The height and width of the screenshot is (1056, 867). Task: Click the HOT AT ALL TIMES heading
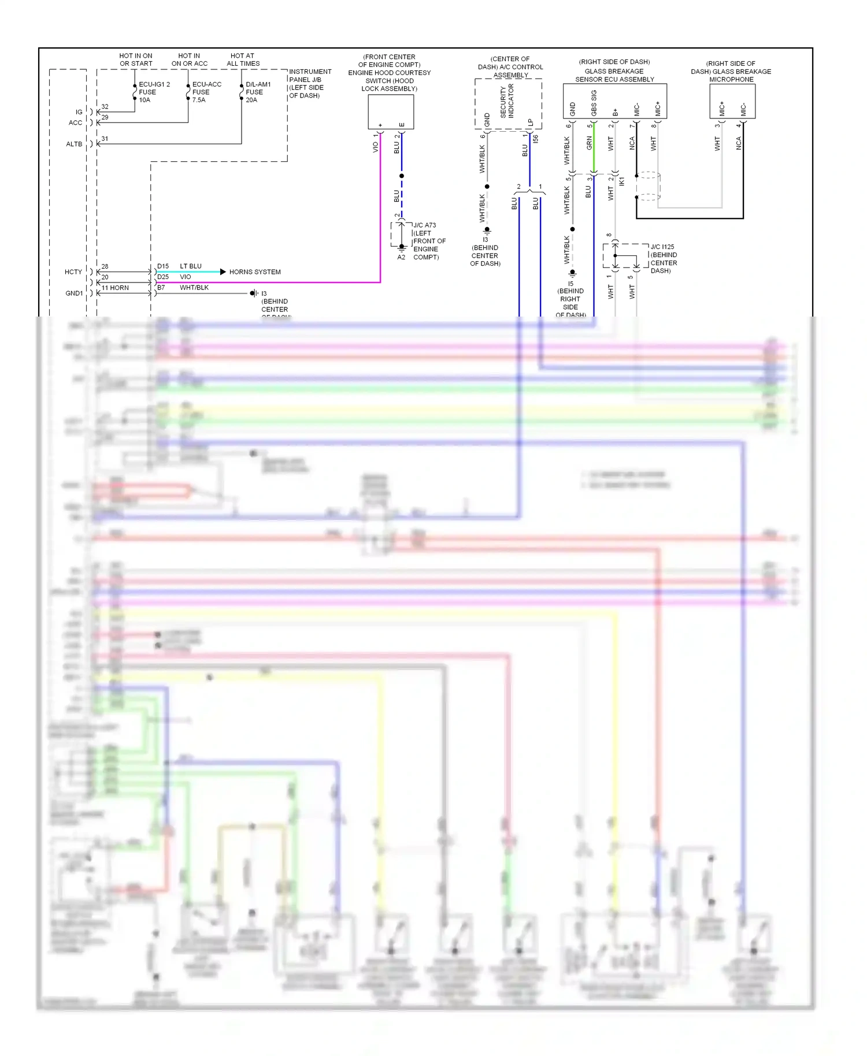pyautogui.click(x=243, y=60)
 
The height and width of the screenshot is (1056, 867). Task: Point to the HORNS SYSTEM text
pyautogui.click(x=255, y=272)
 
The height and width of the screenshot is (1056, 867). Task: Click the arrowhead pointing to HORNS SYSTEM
pyautogui.click(x=223, y=272)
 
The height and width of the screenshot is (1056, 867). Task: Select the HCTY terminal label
pyautogui.click(x=73, y=272)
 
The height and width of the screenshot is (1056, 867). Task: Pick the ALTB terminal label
pyautogui.click(x=74, y=144)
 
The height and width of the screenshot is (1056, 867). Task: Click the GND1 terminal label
pyautogui.click(x=74, y=293)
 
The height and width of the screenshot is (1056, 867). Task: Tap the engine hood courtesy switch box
pyautogui.click(x=391, y=111)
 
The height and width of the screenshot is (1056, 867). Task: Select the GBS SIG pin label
pyautogui.click(x=594, y=103)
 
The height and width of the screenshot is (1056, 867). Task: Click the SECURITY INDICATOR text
pyautogui.click(x=507, y=102)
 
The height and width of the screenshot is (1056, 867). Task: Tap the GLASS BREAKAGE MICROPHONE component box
pyautogui.click(x=732, y=102)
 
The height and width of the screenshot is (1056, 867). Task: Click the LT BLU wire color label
pyautogui.click(x=191, y=266)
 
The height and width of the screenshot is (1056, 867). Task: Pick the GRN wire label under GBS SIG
pyautogui.click(x=589, y=143)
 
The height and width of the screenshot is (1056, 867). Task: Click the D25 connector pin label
pyautogui.click(x=163, y=277)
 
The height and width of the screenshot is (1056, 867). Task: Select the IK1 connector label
pyautogui.click(x=622, y=181)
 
